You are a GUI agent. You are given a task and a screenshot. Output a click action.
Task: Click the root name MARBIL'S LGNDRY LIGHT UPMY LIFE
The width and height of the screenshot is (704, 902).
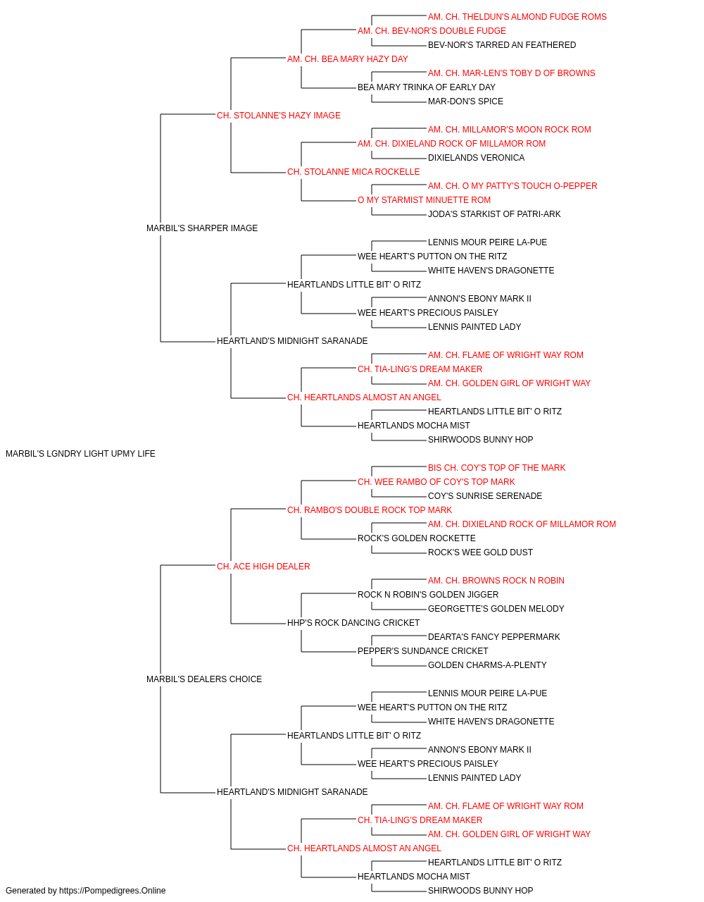[x=80, y=454]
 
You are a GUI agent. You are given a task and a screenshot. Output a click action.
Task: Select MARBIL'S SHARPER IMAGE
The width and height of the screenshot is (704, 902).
[x=202, y=228]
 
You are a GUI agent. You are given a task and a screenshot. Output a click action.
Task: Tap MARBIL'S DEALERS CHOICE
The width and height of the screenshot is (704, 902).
[x=204, y=679]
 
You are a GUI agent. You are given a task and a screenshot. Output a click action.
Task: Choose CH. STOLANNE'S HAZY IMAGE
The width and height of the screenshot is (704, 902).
[x=279, y=116]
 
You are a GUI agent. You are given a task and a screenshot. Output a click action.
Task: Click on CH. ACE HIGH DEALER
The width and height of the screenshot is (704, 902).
[x=263, y=567]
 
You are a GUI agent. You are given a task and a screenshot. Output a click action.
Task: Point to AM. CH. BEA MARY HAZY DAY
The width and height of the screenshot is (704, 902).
[x=348, y=59]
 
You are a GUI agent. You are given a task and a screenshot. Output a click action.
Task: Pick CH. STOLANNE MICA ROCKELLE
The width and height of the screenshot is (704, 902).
[x=353, y=172]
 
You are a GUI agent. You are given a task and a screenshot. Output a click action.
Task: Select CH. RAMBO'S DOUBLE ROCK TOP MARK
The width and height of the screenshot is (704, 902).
[x=370, y=510]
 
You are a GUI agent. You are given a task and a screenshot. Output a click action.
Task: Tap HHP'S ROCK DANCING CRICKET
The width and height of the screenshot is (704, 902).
[x=353, y=623]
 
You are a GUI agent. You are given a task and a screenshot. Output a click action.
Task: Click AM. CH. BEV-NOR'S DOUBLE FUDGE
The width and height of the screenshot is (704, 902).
[x=432, y=31]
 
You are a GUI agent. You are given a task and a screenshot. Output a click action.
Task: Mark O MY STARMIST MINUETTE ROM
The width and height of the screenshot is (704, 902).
[x=424, y=200]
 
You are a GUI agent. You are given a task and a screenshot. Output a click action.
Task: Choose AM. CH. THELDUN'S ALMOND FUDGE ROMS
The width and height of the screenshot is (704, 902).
[x=517, y=17]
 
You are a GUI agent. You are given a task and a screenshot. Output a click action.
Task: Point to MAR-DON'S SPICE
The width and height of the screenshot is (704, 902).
[x=465, y=101]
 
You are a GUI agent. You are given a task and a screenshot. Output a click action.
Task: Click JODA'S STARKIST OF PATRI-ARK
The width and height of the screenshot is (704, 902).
[x=494, y=214]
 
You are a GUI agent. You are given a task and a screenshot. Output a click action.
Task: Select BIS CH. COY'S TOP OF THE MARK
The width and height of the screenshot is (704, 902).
[x=497, y=468]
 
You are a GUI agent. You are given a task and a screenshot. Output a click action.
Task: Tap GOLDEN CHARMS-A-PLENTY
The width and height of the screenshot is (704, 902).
[x=487, y=665]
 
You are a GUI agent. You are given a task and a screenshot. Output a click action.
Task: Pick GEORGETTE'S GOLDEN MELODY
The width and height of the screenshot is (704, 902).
[x=496, y=609]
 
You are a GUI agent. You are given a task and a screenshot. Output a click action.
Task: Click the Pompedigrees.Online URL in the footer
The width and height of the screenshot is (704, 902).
[x=113, y=891]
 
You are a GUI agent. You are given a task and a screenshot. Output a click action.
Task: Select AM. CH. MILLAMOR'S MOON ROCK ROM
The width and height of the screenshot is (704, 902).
[x=510, y=130]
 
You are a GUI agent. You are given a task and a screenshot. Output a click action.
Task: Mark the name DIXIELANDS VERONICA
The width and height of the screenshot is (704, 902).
[x=476, y=158]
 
